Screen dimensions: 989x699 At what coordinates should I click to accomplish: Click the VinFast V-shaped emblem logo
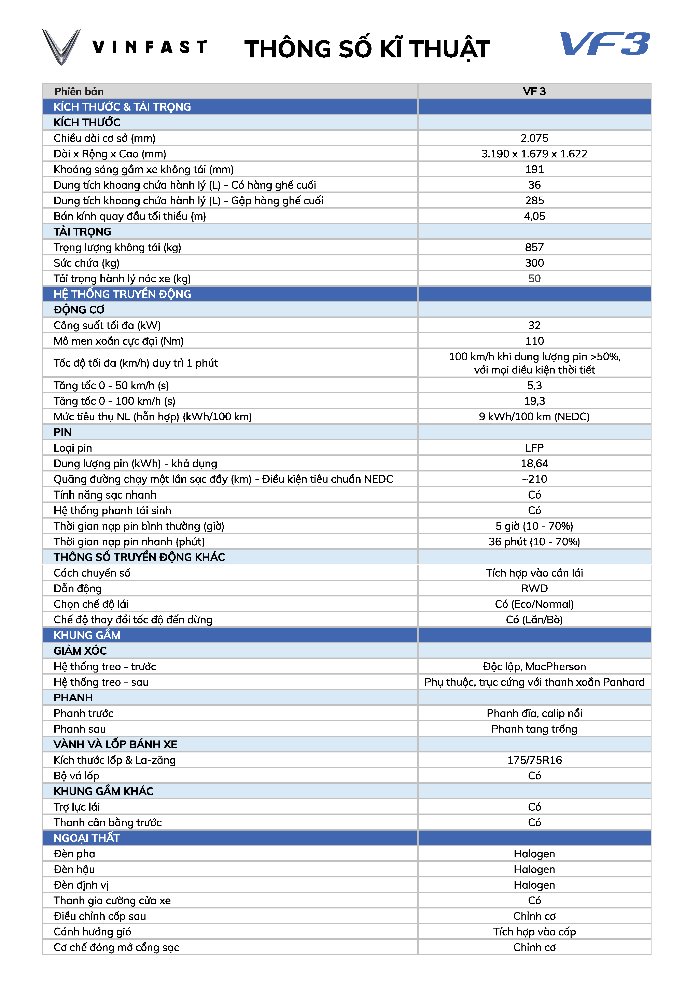[x=61, y=46]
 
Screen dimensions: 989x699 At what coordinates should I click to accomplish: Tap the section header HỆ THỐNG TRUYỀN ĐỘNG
[x=122, y=294]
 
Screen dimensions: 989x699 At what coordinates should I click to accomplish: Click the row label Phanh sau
[x=80, y=729]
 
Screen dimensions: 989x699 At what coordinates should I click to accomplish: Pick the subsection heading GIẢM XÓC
[x=80, y=651]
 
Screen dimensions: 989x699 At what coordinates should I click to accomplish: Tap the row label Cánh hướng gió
[x=92, y=932]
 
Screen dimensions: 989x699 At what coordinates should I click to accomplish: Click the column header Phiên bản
[x=79, y=91]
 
